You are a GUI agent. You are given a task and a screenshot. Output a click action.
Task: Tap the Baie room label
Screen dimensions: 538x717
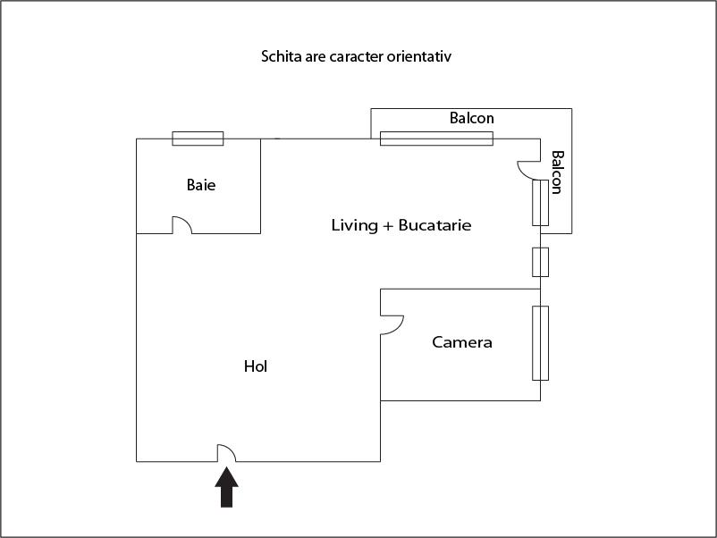pyautogui.click(x=201, y=186)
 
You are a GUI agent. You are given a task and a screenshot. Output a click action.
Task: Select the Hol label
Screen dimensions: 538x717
pyautogui.click(x=256, y=366)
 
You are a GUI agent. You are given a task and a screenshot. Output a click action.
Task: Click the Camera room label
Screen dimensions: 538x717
pyautogui.click(x=462, y=342)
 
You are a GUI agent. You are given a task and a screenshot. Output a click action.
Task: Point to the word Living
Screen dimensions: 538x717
pyautogui.click(x=355, y=225)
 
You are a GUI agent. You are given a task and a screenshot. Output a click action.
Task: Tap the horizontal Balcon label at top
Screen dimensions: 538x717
pyautogui.click(x=471, y=118)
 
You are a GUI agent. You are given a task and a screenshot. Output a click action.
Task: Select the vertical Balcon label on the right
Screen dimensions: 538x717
pyautogui.click(x=557, y=172)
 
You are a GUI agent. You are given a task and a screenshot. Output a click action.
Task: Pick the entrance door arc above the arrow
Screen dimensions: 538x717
pyautogui.click(x=226, y=453)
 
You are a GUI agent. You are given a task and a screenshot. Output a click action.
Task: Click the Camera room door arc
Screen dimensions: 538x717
pyautogui.click(x=392, y=324)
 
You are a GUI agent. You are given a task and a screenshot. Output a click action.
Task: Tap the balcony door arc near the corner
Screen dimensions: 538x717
pyautogui.click(x=527, y=169)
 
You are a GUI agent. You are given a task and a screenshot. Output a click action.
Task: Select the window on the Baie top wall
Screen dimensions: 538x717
pyautogui.click(x=198, y=139)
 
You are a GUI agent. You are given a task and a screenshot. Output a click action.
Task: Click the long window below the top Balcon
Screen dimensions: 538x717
pyautogui.click(x=436, y=139)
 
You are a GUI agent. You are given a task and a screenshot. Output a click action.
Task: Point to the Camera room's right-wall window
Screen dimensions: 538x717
pyautogui.click(x=540, y=342)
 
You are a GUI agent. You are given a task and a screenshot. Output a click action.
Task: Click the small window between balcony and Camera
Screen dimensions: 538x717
pyautogui.click(x=540, y=262)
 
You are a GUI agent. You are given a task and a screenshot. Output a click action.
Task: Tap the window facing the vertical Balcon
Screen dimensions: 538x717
pyautogui.click(x=540, y=202)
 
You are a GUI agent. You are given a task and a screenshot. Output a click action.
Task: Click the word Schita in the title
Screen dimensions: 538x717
pyautogui.click(x=281, y=57)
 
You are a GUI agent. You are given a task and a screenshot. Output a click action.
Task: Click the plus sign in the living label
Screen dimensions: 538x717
pyautogui.click(x=388, y=226)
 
